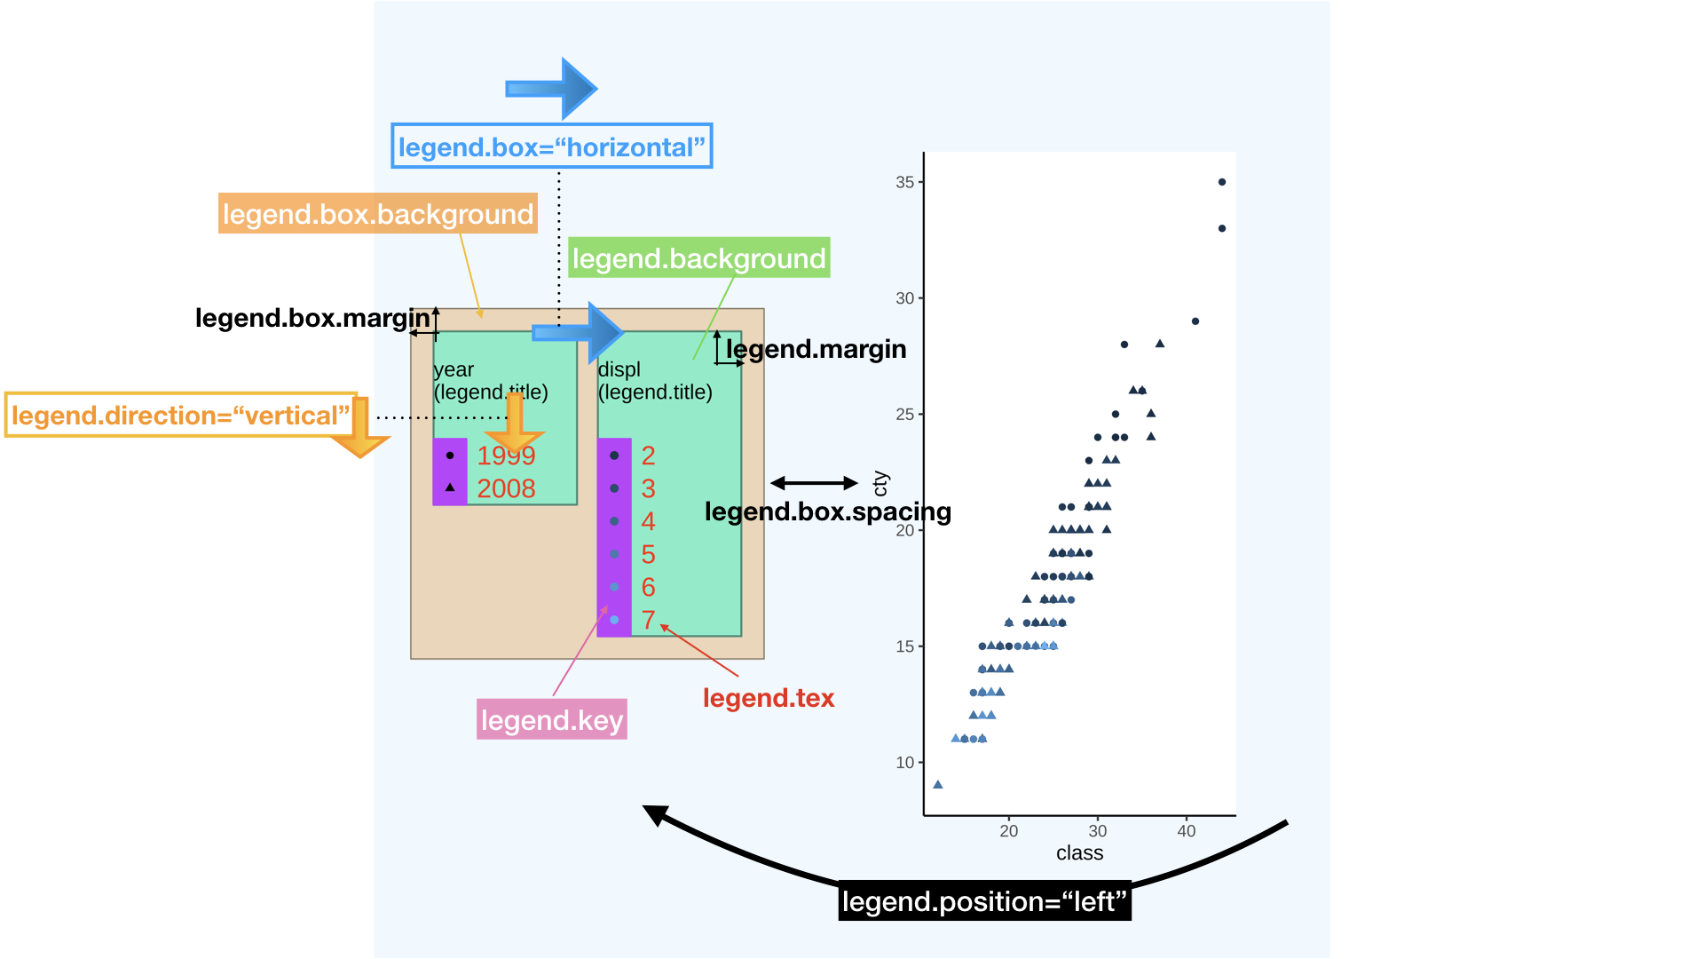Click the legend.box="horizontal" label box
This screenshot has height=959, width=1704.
[551, 147]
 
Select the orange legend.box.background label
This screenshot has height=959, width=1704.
[378, 214]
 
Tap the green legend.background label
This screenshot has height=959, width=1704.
[698, 258]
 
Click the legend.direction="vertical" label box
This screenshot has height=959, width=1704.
[180, 416]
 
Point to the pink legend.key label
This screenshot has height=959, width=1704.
[551, 720]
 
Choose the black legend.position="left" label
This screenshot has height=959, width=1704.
[984, 901]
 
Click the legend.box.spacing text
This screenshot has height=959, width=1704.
[827, 511]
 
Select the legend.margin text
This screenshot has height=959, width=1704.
[816, 349]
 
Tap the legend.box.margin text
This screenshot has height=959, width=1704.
[312, 318]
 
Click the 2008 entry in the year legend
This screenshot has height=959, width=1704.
[506, 488]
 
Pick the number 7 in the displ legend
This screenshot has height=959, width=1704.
[648, 620]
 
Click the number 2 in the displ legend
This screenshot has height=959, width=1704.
[648, 456]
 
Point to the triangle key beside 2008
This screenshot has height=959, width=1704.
[450, 487]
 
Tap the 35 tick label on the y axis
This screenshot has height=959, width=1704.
[904, 182]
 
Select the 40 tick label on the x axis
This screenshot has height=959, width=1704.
[1186, 831]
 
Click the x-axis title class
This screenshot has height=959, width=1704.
[1079, 853]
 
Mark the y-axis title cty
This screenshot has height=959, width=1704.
[880, 483]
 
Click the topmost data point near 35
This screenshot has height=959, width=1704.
[1222, 182]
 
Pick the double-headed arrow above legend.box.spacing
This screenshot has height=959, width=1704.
[814, 483]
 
